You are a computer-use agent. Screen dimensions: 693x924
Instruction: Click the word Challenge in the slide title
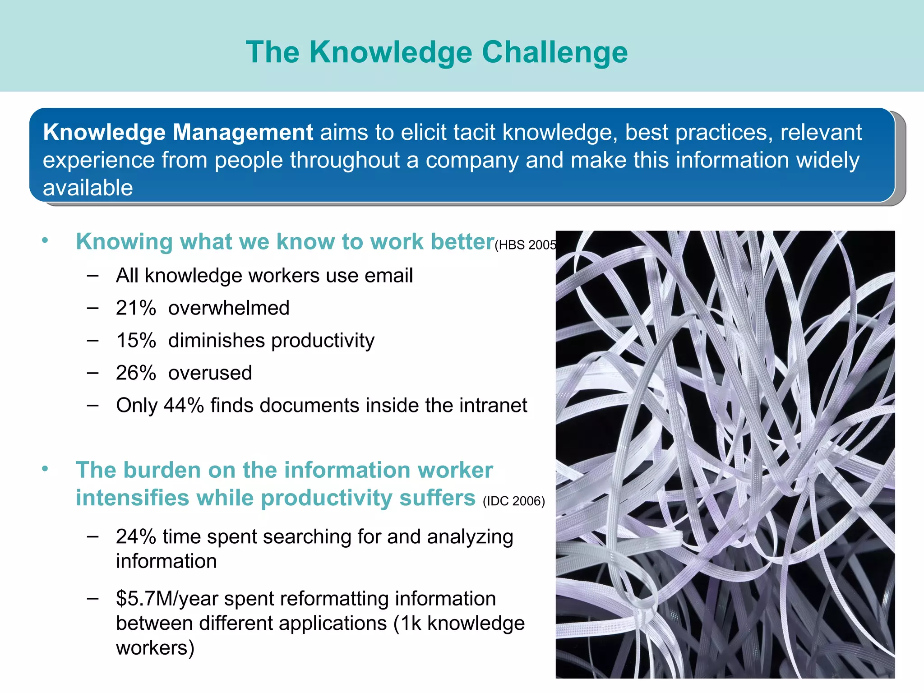click(554, 52)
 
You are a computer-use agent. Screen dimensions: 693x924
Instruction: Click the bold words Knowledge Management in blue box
click(178, 132)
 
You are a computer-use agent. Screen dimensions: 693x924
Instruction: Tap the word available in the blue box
click(88, 188)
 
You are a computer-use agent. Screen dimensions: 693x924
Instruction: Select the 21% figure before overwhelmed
click(136, 308)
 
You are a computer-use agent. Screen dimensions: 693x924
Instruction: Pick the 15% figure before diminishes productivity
click(136, 341)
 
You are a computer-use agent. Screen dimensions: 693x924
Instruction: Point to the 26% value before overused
click(136, 373)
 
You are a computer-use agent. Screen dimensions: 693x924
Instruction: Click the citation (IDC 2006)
click(513, 501)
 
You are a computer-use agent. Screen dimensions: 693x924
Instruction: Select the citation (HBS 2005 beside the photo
click(525, 245)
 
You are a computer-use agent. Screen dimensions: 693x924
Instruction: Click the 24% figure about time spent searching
click(136, 537)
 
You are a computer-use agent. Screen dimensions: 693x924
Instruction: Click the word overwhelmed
click(229, 308)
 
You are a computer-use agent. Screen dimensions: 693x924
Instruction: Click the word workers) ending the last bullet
click(155, 648)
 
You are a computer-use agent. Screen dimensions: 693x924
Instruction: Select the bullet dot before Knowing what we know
click(45, 240)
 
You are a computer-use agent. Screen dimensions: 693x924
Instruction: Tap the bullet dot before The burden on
click(45, 469)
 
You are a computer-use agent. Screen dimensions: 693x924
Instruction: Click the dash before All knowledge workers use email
click(93, 275)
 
